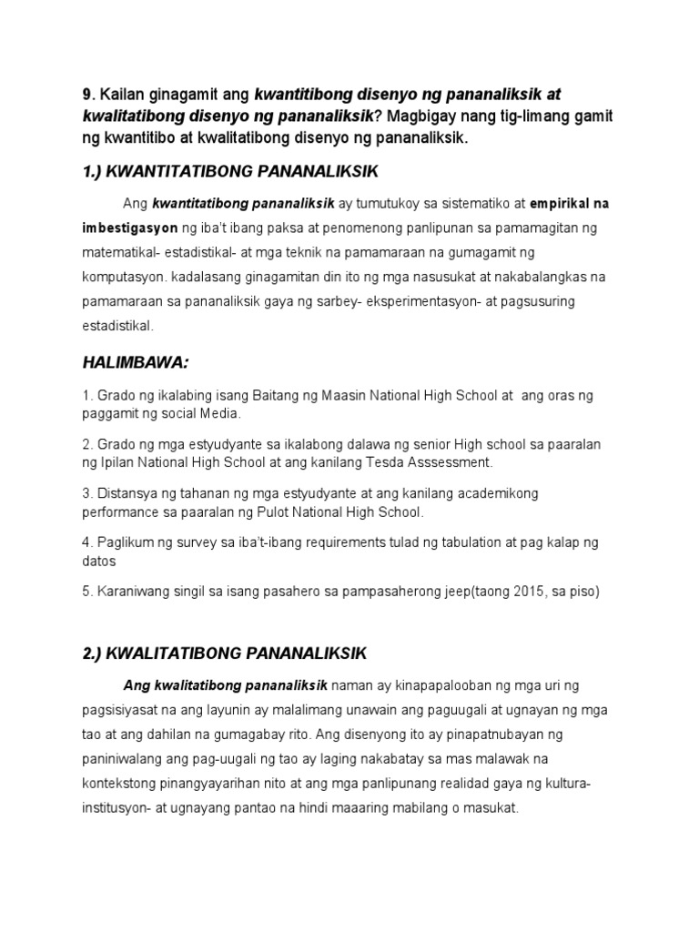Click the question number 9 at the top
pos(86,94)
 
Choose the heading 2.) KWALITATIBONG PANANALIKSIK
pos(223,653)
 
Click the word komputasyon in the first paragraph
pos(125,276)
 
